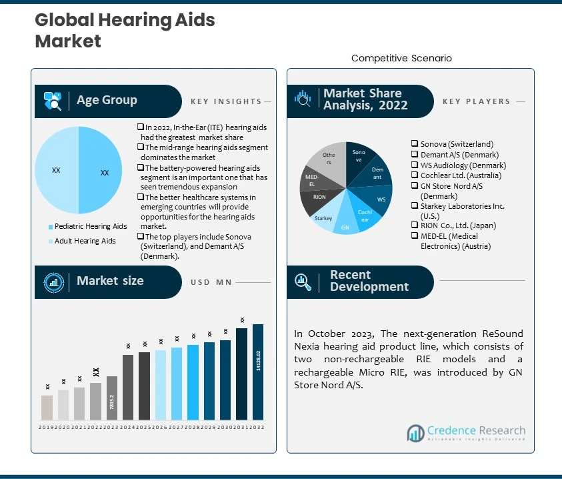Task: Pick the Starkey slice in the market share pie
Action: pos(324,218)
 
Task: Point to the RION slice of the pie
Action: pos(319,197)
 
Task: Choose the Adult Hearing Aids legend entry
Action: pos(85,241)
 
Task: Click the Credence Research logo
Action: pos(466,434)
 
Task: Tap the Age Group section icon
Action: pos(53,101)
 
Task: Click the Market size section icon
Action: pos(53,282)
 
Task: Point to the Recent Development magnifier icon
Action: pos(303,282)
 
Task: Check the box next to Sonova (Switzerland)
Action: pos(415,143)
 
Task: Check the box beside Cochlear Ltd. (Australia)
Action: pos(415,175)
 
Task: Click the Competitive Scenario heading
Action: pos(401,59)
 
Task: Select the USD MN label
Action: pos(211,282)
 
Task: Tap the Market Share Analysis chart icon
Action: pos(303,100)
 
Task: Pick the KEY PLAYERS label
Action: pos(476,101)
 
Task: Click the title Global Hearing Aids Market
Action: pos(125,31)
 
